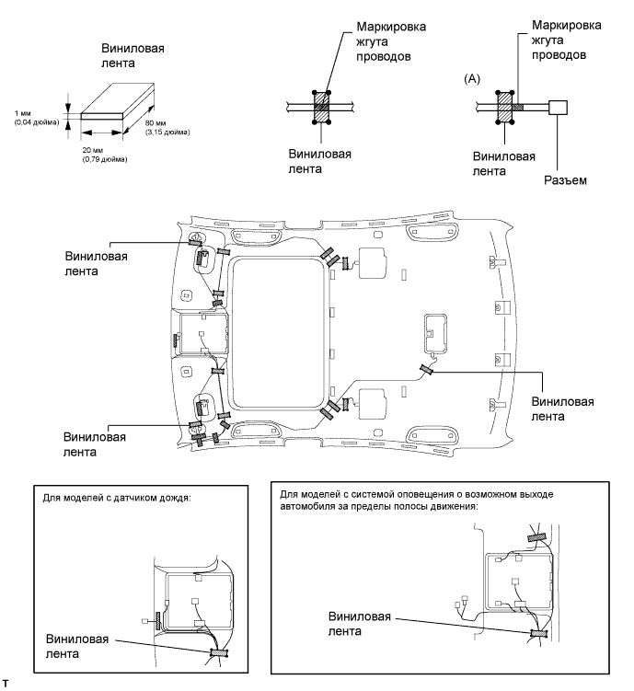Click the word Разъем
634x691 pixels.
tap(565, 180)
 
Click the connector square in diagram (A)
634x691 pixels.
tap(558, 107)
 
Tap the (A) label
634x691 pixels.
tap(472, 79)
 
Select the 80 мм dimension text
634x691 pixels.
tap(156, 123)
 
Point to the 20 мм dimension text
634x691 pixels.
tap(93, 150)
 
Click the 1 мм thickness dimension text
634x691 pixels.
tap(22, 114)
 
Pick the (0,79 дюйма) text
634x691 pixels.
tap(105, 159)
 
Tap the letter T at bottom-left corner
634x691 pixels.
tap(6, 684)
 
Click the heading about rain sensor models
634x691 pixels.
tap(117, 498)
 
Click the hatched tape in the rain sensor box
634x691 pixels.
tap(218, 652)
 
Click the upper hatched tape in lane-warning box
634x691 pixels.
tap(536, 537)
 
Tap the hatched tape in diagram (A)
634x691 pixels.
tap(505, 107)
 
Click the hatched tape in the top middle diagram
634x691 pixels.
tap(322, 107)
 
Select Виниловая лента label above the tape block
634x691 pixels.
tap(133, 55)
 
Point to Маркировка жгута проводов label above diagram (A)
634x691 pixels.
tap(566, 40)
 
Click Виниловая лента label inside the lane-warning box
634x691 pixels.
tap(360, 624)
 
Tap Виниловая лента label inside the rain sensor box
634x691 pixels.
tap(77, 647)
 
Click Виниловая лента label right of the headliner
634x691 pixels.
tap(562, 409)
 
